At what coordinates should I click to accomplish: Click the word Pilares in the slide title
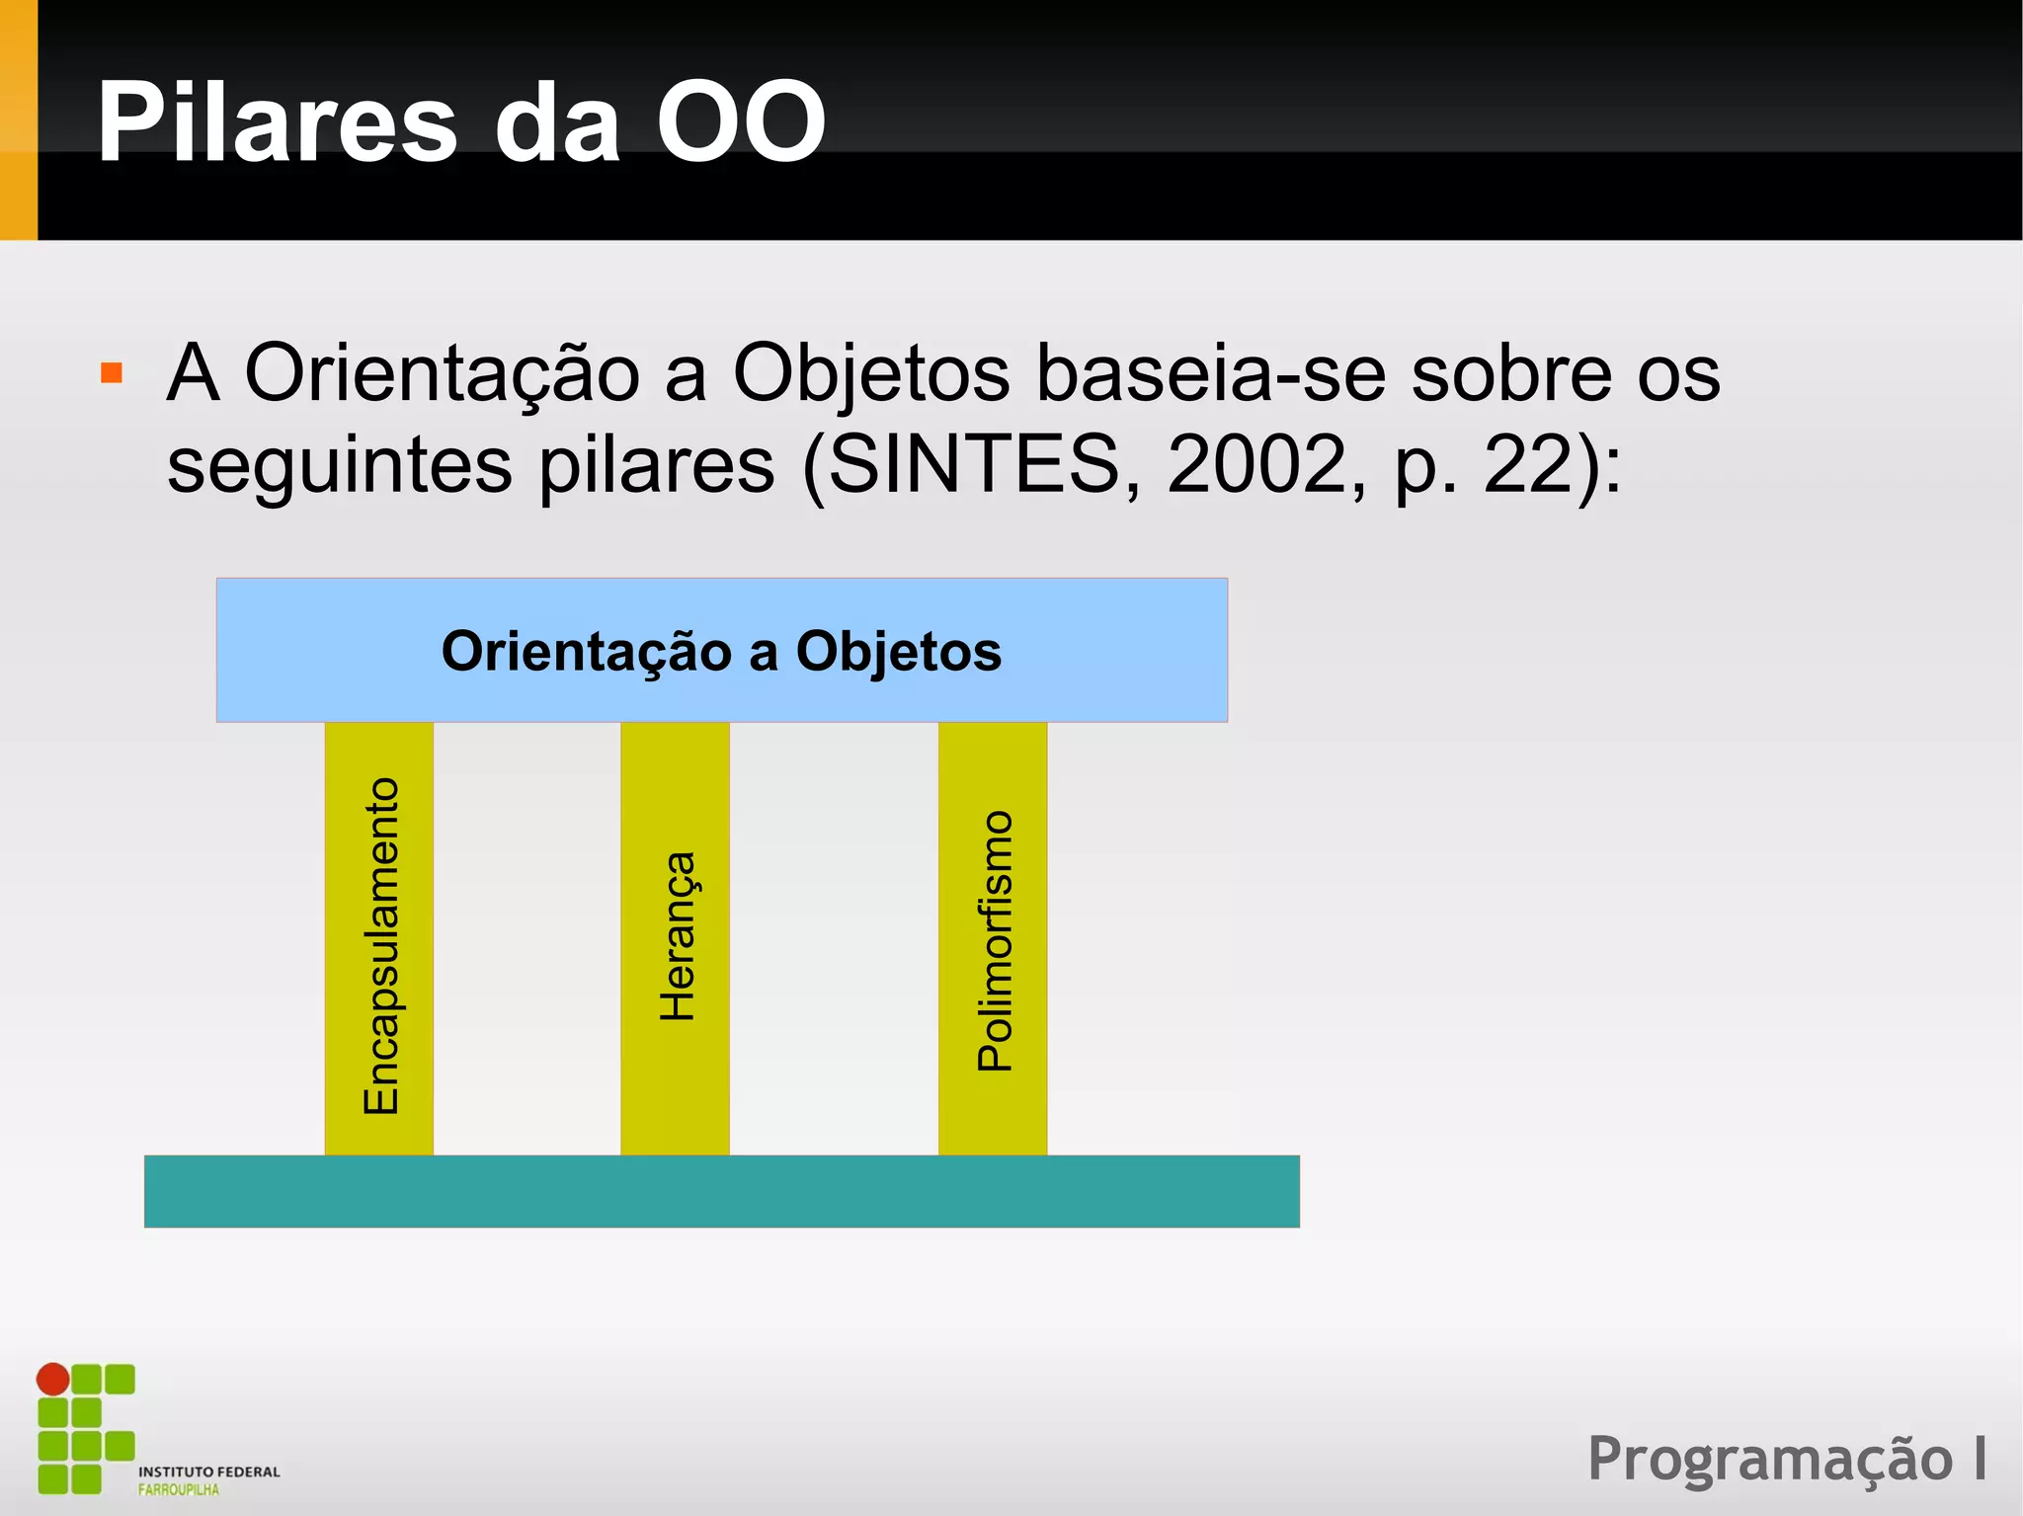277,123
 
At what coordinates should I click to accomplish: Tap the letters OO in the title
741,123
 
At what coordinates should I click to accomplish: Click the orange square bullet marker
112,373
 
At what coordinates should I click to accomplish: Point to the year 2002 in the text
1254,464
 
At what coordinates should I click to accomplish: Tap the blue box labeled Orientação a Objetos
721,651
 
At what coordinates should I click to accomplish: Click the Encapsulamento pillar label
380,946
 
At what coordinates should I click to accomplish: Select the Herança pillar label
677,936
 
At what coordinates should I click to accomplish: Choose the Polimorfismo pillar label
994,940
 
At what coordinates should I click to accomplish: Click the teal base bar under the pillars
721,1191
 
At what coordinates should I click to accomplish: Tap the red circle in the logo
53,1379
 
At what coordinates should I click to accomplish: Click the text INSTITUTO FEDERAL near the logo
208,1472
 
